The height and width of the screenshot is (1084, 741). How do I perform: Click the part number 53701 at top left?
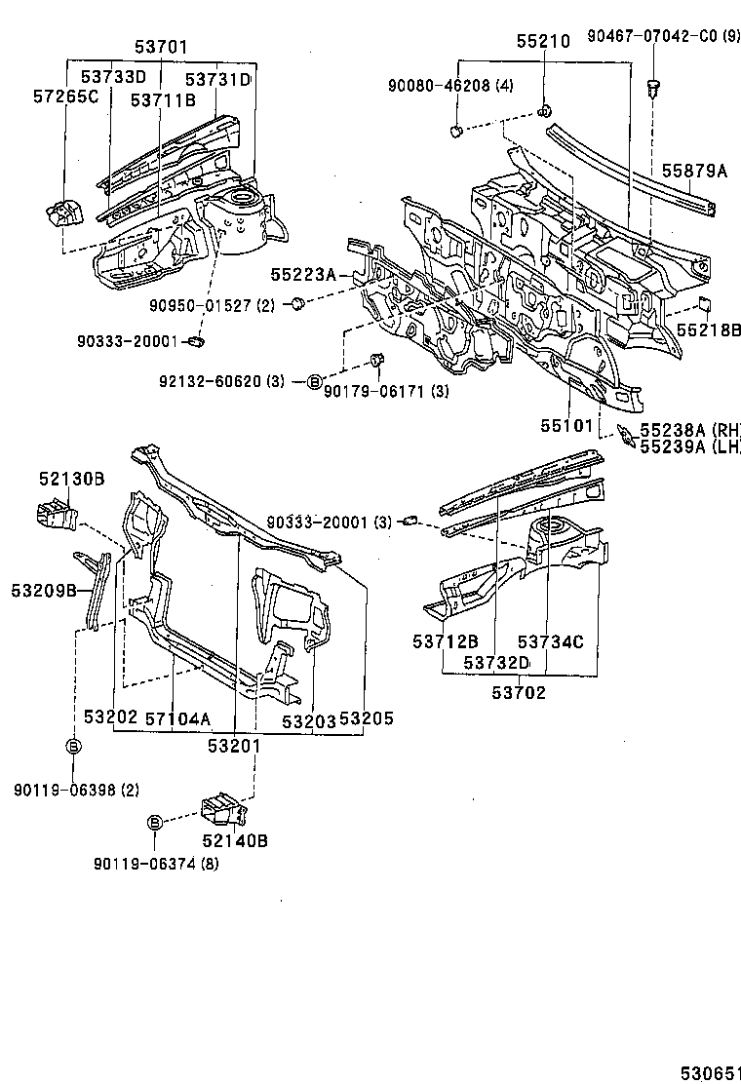pos(161,47)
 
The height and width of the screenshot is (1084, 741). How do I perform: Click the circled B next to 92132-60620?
pos(314,381)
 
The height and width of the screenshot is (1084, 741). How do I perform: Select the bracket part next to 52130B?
pos(58,516)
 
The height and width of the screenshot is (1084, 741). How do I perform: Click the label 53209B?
pos(45,590)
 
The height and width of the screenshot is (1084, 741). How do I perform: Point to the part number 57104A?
pos(177,718)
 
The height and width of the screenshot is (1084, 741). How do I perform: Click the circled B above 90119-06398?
pos(73,747)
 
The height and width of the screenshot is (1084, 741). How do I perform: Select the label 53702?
pos(519,693)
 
